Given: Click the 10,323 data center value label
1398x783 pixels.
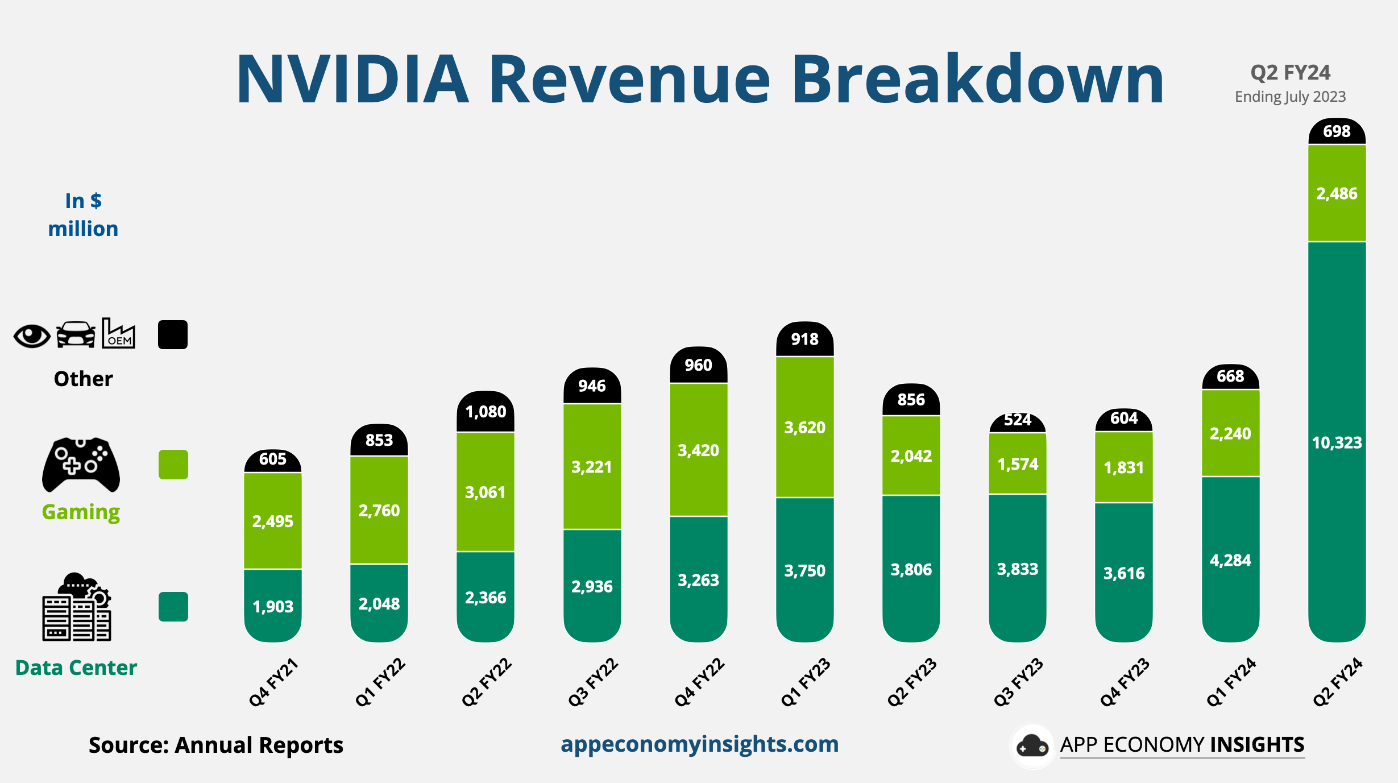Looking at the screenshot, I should (1337, 442).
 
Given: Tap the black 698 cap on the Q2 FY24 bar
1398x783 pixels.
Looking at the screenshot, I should (1337, 131).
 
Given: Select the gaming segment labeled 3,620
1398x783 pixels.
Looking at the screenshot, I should (804, 428).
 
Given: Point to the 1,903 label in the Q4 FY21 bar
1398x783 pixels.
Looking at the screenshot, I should (273, 607).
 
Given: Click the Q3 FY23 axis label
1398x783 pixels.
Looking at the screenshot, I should (1018, 682).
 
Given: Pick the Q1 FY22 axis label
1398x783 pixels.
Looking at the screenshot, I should (380, 682).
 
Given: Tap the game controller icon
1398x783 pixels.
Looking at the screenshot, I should (81, 464).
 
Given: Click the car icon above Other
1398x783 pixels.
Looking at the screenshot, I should (76, 334).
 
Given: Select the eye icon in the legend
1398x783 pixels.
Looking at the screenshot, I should (32, 335).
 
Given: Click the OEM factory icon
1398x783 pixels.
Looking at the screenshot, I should (118, 334).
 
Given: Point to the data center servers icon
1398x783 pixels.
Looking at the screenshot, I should (77, 607).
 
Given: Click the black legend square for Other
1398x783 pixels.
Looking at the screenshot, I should (173, 334).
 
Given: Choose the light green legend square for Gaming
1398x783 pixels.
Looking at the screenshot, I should (173, 465).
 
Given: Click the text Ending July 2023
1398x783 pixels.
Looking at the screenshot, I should (1290, 97).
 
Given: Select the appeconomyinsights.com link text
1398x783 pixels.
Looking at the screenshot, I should (699, 744).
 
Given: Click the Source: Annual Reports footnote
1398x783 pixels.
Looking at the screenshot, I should (215, 745).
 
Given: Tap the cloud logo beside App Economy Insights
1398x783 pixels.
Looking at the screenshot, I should (1032, 746).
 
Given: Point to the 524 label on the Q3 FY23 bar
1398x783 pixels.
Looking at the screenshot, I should (1017, 420).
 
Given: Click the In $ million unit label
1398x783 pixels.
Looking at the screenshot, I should (83, 215).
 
